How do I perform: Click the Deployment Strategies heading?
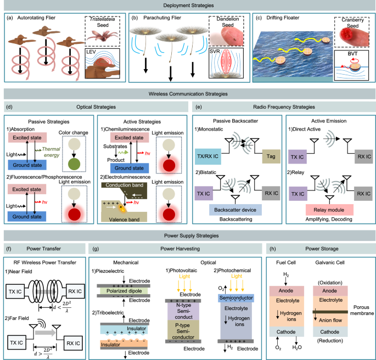[x=188, y=5]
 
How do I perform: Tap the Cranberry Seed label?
[x=351, y=23]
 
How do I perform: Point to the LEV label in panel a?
[x=96, y=52]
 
